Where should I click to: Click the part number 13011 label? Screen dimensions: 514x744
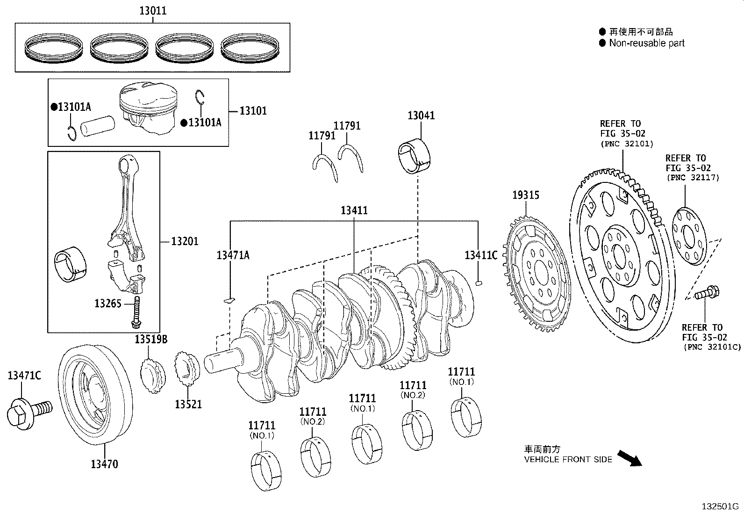tap(152, 11)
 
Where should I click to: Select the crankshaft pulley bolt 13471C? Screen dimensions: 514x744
tap(27, 411)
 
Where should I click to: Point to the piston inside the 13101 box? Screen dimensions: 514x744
tap(147, 108)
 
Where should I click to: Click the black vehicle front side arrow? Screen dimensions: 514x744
tap(629, 458)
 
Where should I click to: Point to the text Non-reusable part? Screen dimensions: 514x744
tap(646, 43)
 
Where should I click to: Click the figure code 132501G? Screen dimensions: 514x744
tap(720, 506)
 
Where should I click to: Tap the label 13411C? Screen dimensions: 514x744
tap(481, 255)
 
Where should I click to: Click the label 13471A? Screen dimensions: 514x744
tap(233, 255)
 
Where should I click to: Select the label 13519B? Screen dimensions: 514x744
tap(151, 339)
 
